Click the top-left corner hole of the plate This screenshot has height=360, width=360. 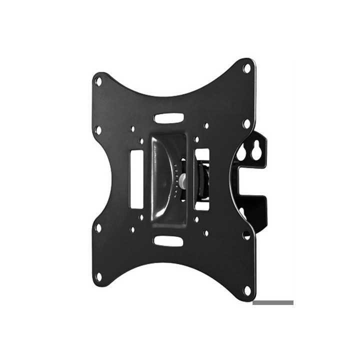(x=98, y=80)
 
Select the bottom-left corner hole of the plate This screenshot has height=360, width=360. (x=98, y=276)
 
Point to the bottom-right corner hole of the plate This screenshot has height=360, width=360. (x=246, y=290)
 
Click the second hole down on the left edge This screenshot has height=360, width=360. (x=98, y=129)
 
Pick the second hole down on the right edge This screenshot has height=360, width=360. (x=246, y=123)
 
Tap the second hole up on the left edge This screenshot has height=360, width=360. (x=98, y=227)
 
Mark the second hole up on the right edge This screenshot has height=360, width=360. (x=246, y=234)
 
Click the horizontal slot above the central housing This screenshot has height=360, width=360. (x=168, y=118)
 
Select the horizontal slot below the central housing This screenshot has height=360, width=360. (x=168, y=240)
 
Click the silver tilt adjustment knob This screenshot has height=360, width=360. (x=184, y=181)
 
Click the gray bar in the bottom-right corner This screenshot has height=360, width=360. (x=272, y=302)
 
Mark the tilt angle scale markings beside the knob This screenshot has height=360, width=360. (x=176, y=180)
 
